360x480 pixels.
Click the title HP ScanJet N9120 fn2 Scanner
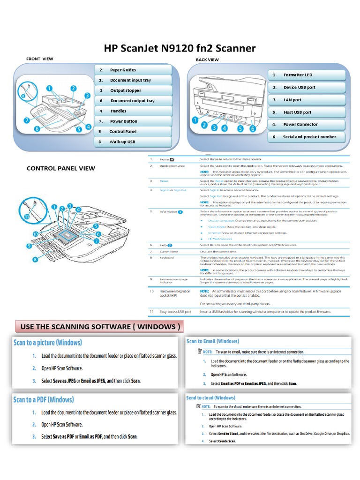point(180,48)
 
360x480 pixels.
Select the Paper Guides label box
point(133,70)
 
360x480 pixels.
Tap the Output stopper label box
point(133,90)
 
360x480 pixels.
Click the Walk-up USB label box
point(133,142)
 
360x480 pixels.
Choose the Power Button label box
point(133,121)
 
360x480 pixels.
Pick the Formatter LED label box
point(307,75)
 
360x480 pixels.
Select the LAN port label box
point(307,100)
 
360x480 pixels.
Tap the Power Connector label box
point(307,125)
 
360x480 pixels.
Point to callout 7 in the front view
point(27,120)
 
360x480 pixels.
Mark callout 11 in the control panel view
point(27,217)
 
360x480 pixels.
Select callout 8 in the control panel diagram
point(34,259)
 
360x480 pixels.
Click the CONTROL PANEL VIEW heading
point(60,168)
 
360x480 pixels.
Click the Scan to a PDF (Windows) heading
point(44,400)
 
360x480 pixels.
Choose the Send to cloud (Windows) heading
point(210,397)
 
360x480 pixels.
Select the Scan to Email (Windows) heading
point(212,341)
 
